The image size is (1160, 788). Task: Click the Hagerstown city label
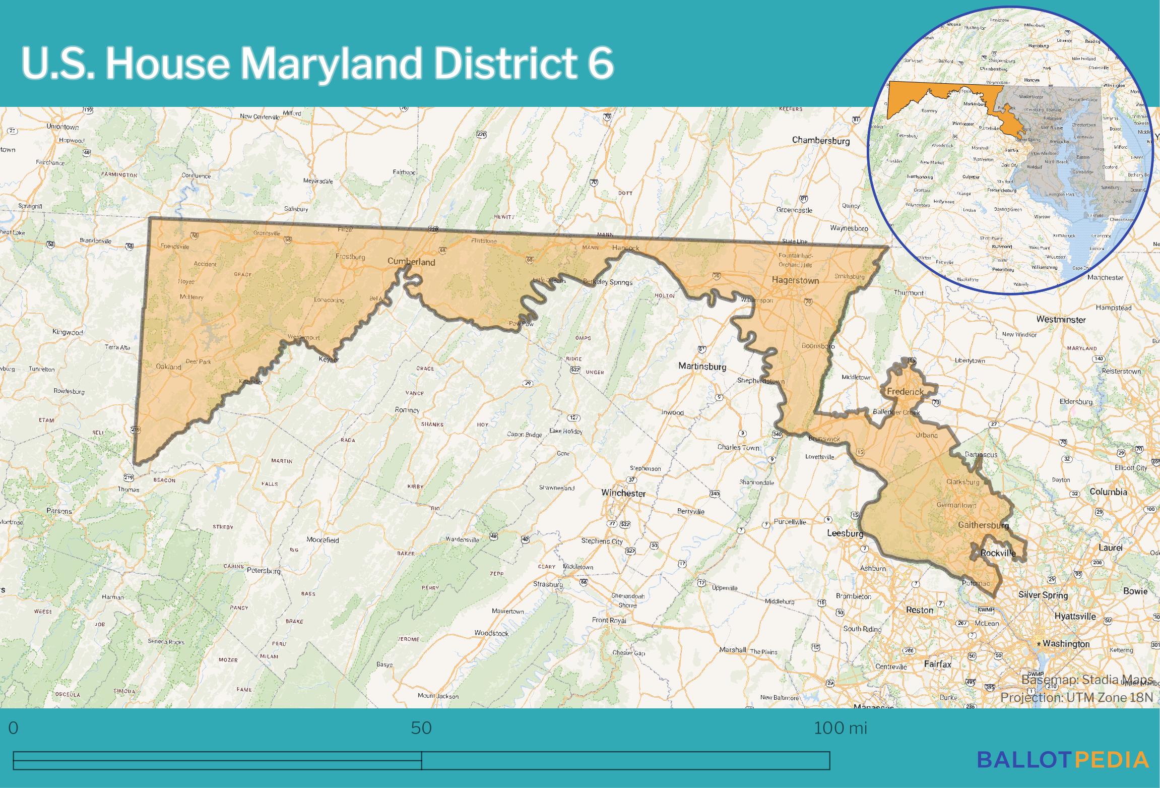pyautogui.click(x=795, y=280)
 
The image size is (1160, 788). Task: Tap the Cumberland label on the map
pyautogui.click(x=411, y=262)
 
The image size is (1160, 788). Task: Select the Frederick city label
pyautogui.click(x=905, y=391)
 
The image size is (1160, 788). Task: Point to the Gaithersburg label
pyautogui.click(x=983, y=525)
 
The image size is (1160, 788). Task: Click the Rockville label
pyautogui.click(x=998, y=553)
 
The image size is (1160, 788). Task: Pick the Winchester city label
pyautogui.click(x=623, y=493)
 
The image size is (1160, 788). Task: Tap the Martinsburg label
pyautogui.click(x=702, y=367)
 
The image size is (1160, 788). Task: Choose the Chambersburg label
pyautogui.click(x=820, y=141)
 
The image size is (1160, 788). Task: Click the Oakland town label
pyautogui.click(x=168, y=367)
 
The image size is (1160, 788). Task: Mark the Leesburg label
pyautogui.click(x=845, y=533)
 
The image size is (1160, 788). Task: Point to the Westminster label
pyautogui.click(x=1061, y=320)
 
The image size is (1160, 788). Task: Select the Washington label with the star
pyautogui.click(x=1066, y=644)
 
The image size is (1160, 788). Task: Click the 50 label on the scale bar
pyautogui.click(x=421, y=728)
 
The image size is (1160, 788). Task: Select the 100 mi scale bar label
pyautogui.click(x=840, y=728)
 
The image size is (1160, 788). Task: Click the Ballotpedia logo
pyautogui.click(x=1063, y=773)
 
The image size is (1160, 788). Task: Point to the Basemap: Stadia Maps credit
pyautogui.click(x=1087, y=680)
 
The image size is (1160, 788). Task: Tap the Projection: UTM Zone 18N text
pyautogui.click(x=1076, y=698)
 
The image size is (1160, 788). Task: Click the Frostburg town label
pyautogui.click(x=350, y=257)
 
